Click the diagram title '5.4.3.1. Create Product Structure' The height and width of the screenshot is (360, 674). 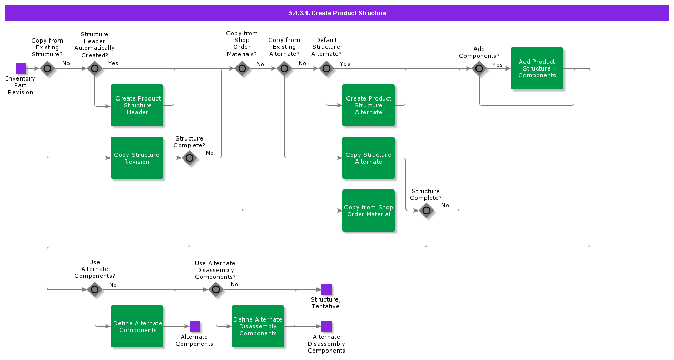point(337,13)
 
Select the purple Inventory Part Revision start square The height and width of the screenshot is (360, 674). point(21,68)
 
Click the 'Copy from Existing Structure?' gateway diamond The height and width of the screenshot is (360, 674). point(47,68)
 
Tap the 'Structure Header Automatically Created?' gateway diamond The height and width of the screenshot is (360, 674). point(95,68)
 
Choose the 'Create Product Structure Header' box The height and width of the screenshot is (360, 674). point(137,105)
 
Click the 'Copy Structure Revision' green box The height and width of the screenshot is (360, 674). point(137,158)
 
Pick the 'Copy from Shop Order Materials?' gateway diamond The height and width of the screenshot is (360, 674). point(242,68)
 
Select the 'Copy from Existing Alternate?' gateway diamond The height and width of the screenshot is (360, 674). point(284,68)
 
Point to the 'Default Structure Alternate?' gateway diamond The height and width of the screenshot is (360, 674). point(326,68)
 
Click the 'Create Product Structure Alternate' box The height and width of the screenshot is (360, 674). point(369,105)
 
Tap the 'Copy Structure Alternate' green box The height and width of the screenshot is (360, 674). point(369,158)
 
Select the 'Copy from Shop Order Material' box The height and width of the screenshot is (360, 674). point(369,211)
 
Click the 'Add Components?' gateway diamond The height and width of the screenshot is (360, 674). point(479,68)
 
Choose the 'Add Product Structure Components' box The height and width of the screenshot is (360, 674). point(537,68)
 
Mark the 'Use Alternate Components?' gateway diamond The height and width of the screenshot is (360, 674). point(95,289)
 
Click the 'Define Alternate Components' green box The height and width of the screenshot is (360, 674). point(137,326)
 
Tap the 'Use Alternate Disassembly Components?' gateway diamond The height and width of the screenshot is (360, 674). point(216,289)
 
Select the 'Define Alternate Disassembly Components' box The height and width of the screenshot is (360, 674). point(258,326)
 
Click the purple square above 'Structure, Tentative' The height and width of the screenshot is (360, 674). point(326,289)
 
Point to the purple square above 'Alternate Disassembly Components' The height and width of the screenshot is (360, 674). point(326,326)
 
